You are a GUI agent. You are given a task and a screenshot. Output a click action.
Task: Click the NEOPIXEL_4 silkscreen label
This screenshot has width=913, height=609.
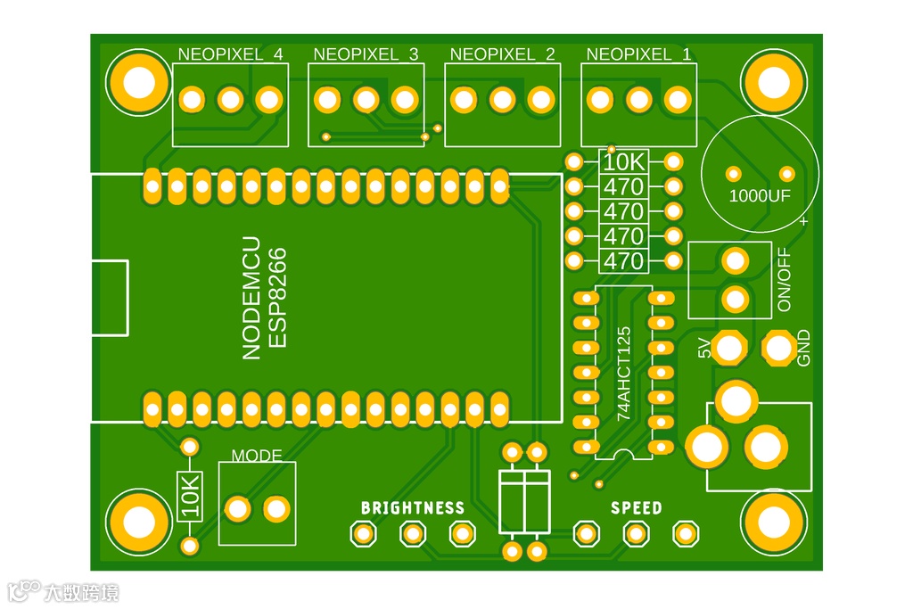[230, 54]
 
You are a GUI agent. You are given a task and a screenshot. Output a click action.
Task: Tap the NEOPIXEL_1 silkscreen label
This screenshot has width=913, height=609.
[638, 54]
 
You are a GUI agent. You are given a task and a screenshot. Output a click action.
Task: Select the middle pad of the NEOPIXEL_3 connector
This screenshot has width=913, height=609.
[366, 99]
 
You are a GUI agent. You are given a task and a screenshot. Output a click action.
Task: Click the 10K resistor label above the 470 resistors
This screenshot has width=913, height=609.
[624, 162]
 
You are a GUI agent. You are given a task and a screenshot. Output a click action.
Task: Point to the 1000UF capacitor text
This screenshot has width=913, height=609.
[759, 196]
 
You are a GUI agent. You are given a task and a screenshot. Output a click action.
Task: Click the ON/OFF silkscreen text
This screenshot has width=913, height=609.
[785, 279]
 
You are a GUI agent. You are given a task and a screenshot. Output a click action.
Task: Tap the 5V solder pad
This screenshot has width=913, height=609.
[729, 348]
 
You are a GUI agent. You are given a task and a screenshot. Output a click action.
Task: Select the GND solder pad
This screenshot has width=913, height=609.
[779, 348]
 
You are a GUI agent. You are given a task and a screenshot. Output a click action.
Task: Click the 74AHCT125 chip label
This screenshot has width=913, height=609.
[624, 373]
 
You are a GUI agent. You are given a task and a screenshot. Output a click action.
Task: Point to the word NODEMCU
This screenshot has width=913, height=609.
[251, 298]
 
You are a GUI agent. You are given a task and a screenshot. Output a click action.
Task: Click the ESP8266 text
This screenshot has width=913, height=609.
[277, 298]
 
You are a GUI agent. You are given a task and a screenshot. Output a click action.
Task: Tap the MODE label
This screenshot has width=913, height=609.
[257, 456]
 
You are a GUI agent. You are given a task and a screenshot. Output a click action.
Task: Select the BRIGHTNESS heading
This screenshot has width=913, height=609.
[412, 508]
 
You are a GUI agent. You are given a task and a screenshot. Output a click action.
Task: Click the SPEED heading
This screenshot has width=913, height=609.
[636, 508]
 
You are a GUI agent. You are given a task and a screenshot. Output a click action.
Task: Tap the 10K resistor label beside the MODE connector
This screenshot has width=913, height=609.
[190, 496]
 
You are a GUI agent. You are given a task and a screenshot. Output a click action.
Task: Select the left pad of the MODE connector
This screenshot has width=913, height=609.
[237, 509]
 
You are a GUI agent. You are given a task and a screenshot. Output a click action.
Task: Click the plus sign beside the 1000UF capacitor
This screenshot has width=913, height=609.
[804, 220]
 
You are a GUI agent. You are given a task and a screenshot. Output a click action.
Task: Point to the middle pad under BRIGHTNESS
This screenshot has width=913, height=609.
[412, 534]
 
